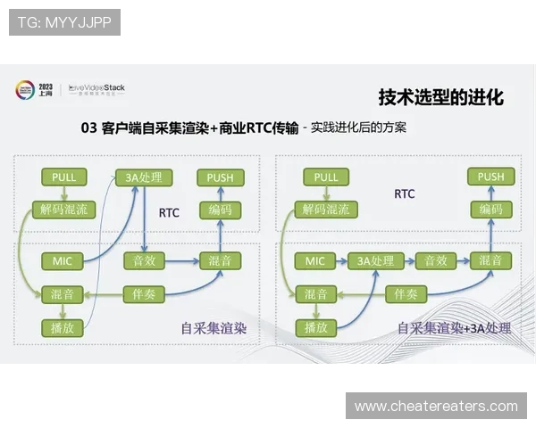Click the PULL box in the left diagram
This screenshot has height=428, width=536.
tap(63, 177)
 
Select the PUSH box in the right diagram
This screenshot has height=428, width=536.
tap(490, 177)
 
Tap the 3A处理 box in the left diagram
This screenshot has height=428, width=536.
tap(144, 177)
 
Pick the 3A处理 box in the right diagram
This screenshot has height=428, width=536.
tap(375, 261)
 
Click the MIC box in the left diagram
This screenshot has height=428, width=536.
tap(63, 261)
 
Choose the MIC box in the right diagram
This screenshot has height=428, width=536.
tap(315, 261)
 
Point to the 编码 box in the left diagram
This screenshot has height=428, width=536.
tap(220, 210)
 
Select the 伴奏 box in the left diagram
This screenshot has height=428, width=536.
tap(144, 293)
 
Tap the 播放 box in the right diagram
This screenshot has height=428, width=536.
tap(315, 326)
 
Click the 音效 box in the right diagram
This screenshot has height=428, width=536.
tap(435, 261)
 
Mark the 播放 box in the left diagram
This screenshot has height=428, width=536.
tap(63, 326)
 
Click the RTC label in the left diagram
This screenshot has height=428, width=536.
tap(170, 213)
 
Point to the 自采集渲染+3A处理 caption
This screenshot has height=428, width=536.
tap(454, 328)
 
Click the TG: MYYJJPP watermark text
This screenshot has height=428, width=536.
tap(64, 22)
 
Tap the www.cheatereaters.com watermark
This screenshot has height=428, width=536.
tap(436, 407)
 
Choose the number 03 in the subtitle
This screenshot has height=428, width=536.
tap(88, 128)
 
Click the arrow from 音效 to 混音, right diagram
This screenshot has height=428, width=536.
tap(463, 261)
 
